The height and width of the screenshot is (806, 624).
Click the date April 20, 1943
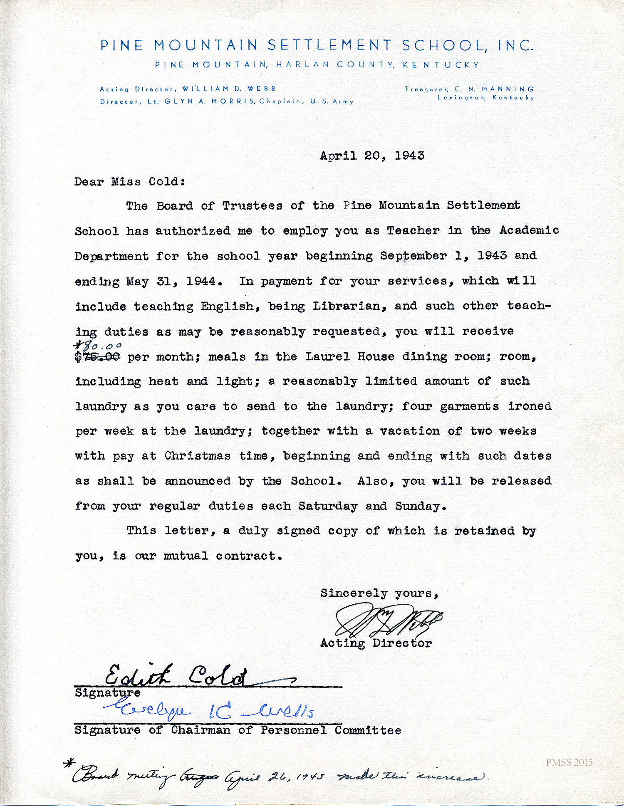372,156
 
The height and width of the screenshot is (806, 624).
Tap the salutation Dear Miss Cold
129,182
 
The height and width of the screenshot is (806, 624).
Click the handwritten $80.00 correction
98,346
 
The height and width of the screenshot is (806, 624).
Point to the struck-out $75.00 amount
98,357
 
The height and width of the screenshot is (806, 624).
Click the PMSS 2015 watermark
569,762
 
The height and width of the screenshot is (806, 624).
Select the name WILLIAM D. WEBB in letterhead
229,89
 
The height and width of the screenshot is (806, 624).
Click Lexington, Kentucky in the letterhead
485,98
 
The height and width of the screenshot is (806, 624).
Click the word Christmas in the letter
197,456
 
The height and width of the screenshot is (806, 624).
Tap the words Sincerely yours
379,593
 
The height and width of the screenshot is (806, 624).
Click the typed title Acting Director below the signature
376,643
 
